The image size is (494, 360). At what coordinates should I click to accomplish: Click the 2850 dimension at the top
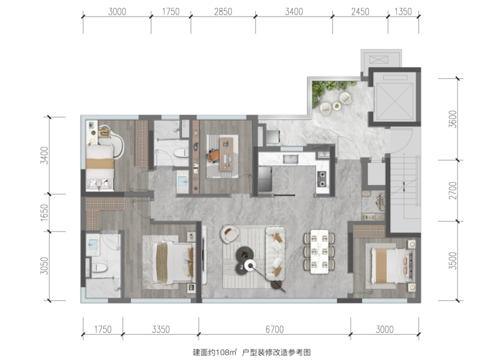tap(223, 11)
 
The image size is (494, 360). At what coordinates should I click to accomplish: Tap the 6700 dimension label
tap(274, 329)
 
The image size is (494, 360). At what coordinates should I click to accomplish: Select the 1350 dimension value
tap(403, 11)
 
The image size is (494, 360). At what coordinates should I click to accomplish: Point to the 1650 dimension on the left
tap(44, 212)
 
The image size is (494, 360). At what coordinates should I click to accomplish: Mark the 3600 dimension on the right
tap(452, 119)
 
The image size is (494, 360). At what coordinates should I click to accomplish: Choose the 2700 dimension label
tap(452, 191)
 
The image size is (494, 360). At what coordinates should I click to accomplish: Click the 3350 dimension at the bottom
tap(161, 329)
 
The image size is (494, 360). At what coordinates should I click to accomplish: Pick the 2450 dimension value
tap(360, 11)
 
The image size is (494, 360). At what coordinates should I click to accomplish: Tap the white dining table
tap(319, 252)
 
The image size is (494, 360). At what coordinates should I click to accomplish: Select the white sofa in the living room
tap(275, 253)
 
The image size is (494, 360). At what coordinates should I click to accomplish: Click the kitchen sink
tap(290, 159)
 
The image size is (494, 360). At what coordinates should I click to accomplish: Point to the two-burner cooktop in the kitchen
tap(322, 178)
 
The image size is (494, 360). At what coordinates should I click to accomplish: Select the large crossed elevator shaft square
tap(395, 97)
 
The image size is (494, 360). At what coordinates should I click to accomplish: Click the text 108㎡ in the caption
tap(226, 352)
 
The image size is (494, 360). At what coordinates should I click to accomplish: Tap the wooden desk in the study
tap(227, 154)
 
